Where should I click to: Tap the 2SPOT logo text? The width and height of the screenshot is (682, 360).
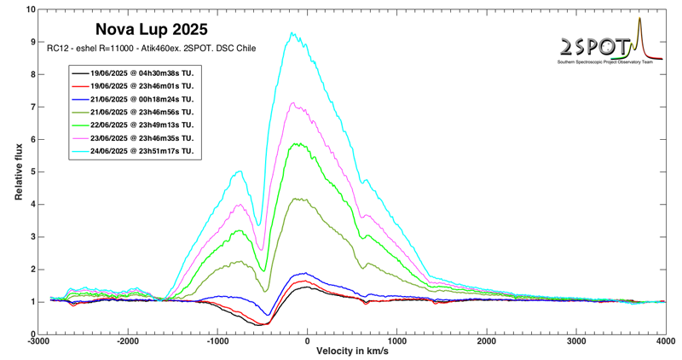(593, 48)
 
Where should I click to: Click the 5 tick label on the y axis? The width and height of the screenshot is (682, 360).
(33, 171)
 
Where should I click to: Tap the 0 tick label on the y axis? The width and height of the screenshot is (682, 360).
(33, 334)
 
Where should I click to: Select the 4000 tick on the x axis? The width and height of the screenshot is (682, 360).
(665, 342)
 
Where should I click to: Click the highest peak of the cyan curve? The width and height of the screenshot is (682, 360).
(292, 33)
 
